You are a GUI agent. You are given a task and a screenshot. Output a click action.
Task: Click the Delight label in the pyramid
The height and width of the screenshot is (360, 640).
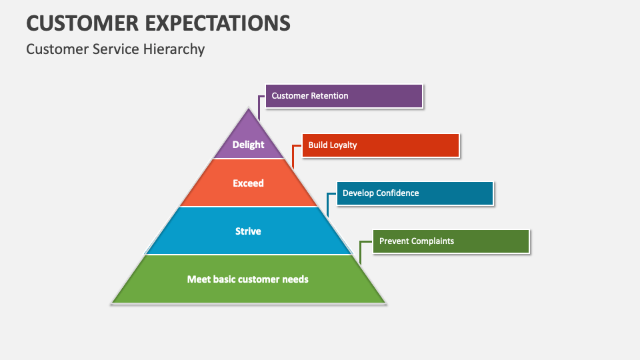248,145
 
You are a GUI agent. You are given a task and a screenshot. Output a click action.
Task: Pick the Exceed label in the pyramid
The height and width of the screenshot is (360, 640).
248,183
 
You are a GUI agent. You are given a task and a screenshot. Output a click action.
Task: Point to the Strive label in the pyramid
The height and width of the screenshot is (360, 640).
248,231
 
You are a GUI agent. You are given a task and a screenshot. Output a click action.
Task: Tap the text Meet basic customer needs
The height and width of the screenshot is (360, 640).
248,279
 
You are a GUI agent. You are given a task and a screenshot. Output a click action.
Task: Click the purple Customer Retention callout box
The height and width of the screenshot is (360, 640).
344,96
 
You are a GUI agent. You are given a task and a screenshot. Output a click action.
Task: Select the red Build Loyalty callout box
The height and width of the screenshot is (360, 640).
381,145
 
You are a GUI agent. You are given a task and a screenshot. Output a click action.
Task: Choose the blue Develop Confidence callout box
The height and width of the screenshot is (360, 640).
415,193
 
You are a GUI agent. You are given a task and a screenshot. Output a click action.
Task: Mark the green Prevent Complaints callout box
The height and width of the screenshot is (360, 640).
451,241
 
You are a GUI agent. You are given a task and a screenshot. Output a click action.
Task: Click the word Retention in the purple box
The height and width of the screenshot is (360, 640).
329,96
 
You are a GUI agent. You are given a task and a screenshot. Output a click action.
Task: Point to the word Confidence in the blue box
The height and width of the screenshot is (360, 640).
397,193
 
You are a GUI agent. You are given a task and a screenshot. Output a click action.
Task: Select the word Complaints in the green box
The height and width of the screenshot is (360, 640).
432,241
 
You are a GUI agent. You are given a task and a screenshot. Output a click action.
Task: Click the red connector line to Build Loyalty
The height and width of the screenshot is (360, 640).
293,154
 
